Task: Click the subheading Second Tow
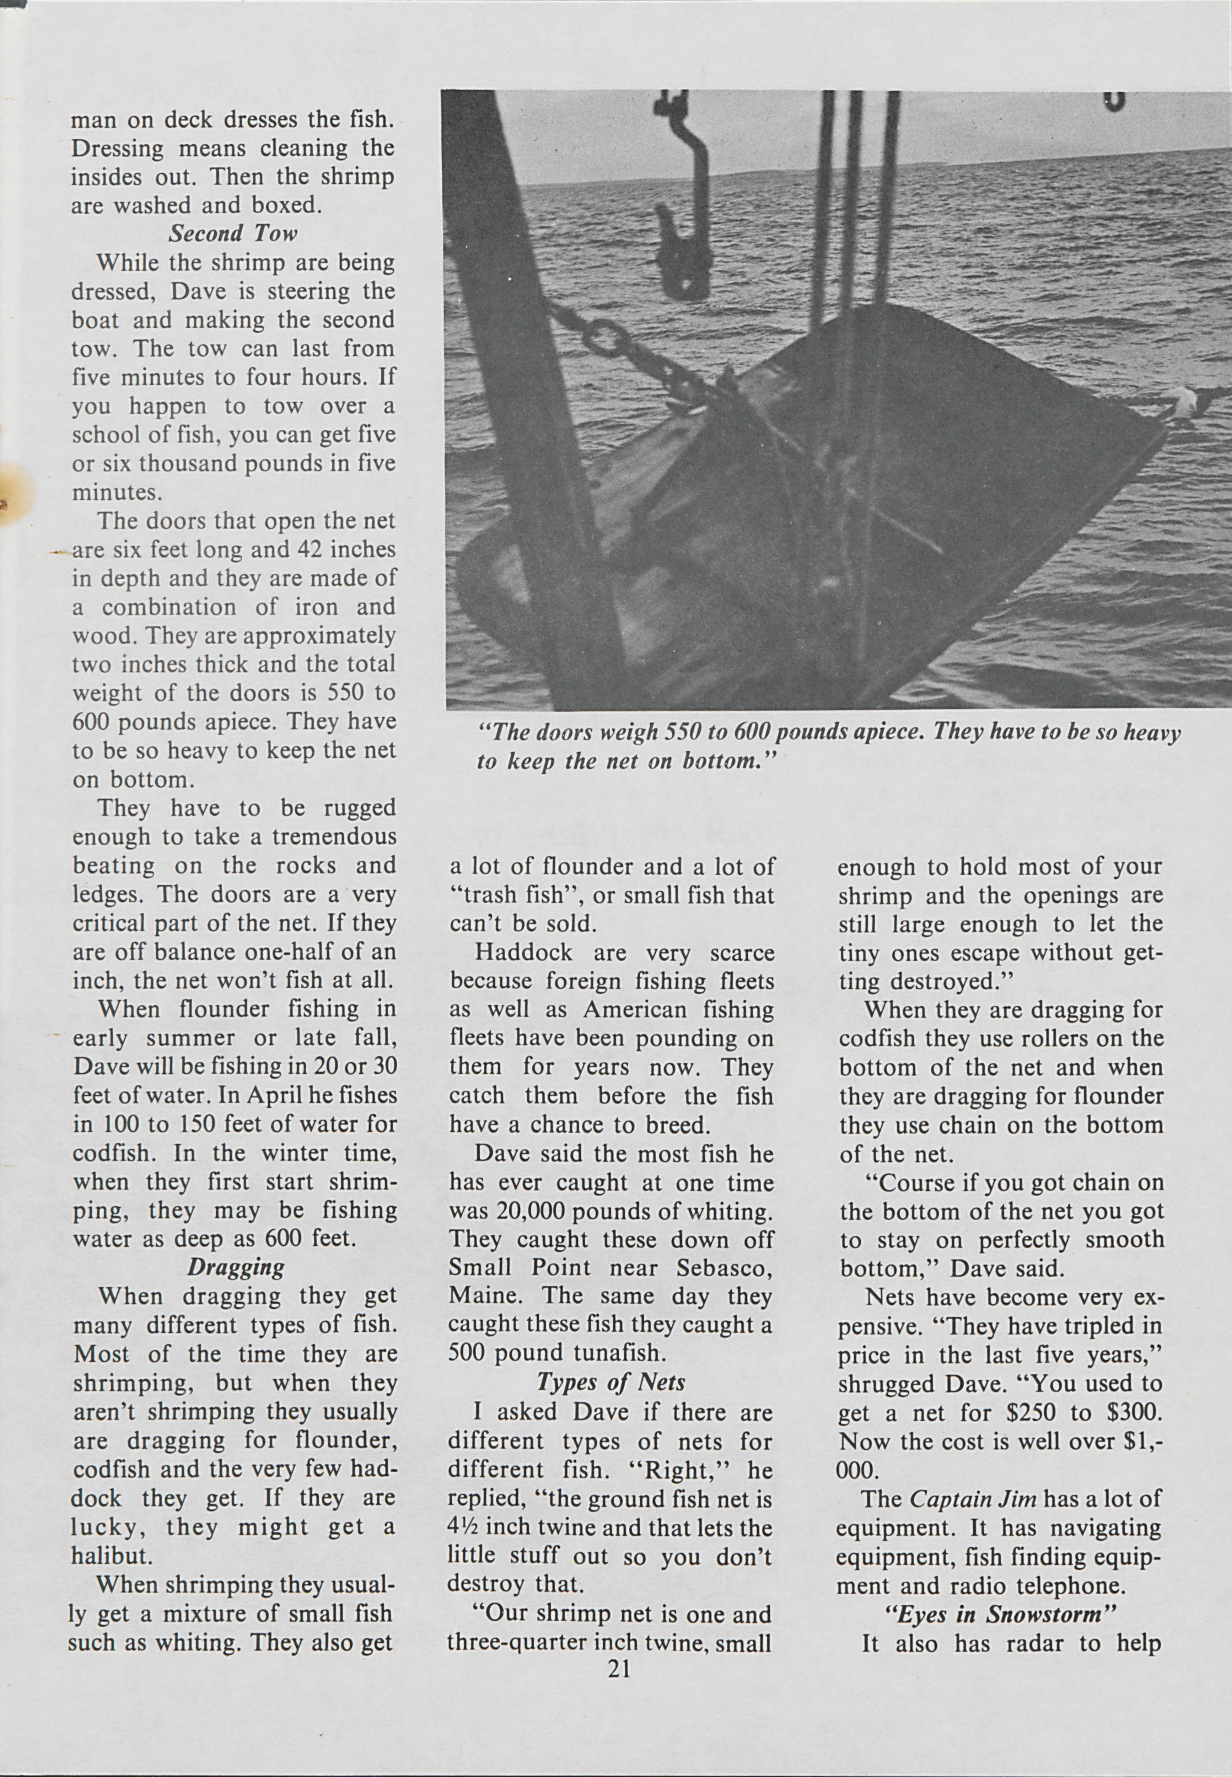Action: tap(233, 233)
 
